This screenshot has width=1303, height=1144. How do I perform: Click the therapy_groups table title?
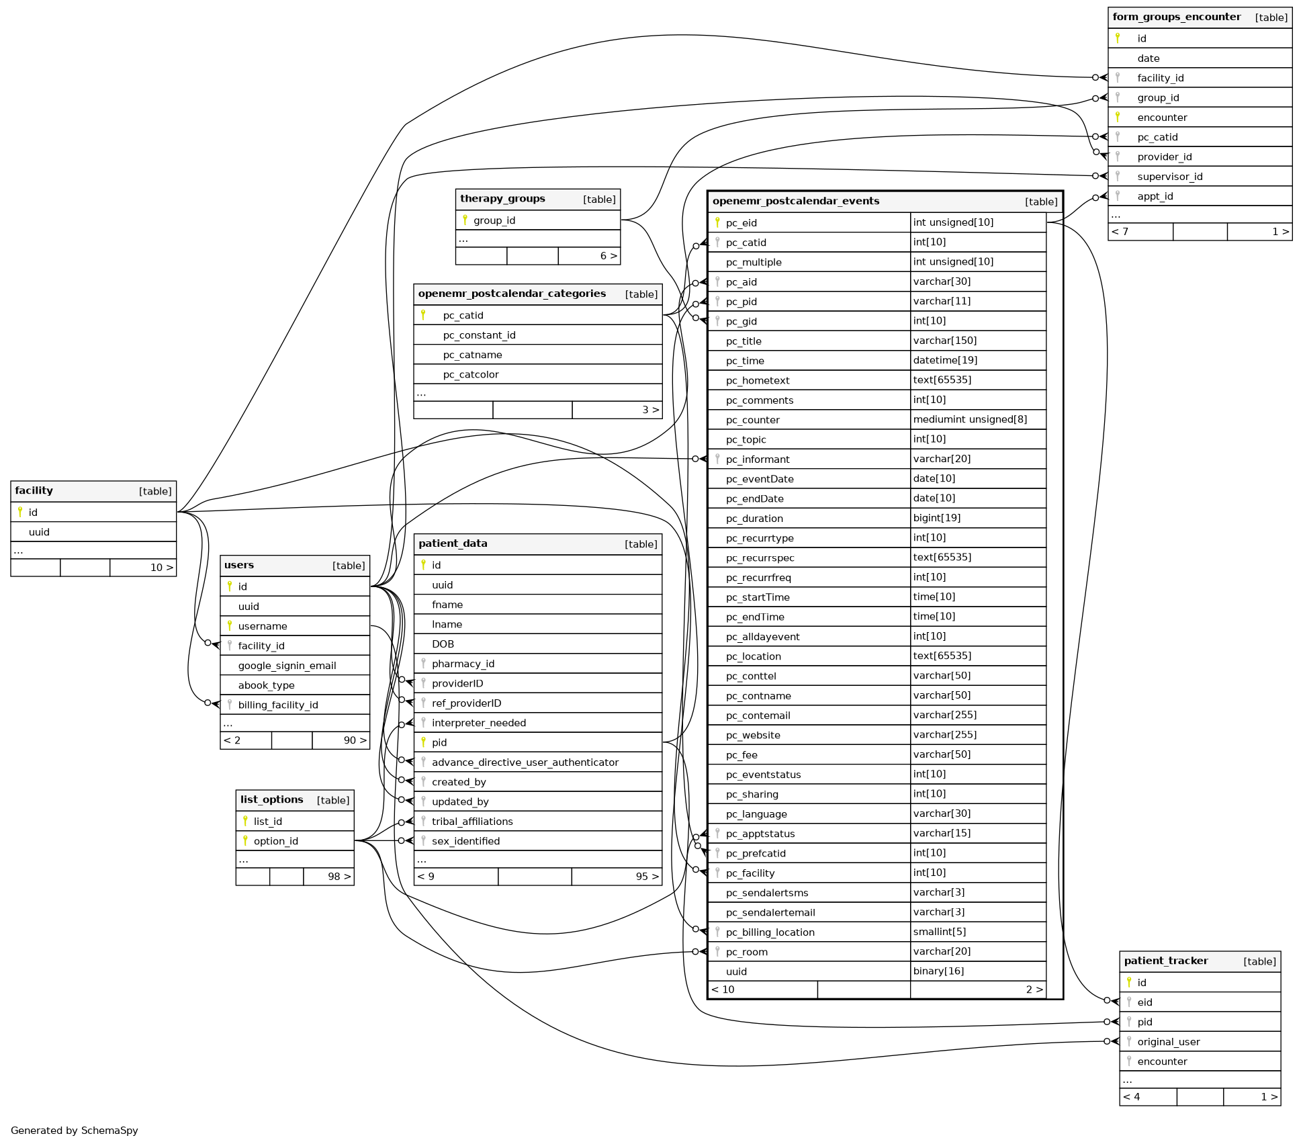502,199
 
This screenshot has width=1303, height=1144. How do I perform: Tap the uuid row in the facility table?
39,532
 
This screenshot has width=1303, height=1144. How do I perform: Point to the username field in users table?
263,626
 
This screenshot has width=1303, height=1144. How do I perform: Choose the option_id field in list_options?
275,841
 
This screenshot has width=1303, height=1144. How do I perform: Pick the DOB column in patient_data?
443,644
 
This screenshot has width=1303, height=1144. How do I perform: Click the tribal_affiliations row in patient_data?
472,822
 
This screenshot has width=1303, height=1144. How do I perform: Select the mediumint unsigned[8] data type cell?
970,419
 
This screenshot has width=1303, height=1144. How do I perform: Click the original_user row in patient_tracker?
1168,1042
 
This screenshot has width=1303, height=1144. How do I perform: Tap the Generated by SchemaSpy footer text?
75,1131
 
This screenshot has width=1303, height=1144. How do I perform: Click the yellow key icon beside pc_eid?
717,222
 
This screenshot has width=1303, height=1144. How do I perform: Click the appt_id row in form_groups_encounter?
1155,196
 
